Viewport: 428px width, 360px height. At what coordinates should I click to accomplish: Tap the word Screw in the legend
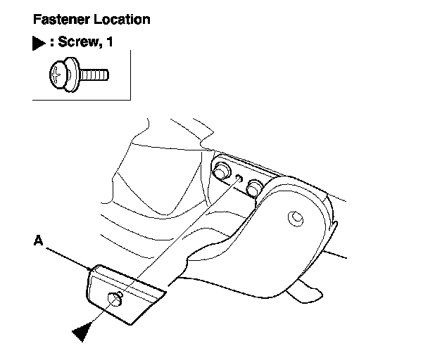click(78, 42)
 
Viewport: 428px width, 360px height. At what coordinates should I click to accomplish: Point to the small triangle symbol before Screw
click(39, 43)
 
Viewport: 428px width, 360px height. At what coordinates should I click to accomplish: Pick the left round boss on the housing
click(221, 170)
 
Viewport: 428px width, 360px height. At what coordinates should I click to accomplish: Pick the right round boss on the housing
click(254, 186)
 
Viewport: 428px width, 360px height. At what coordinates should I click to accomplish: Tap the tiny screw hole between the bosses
click(239, 179)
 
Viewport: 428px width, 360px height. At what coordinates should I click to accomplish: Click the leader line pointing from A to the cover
click(67, 256)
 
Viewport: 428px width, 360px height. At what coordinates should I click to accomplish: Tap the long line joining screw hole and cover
click(176, 240)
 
